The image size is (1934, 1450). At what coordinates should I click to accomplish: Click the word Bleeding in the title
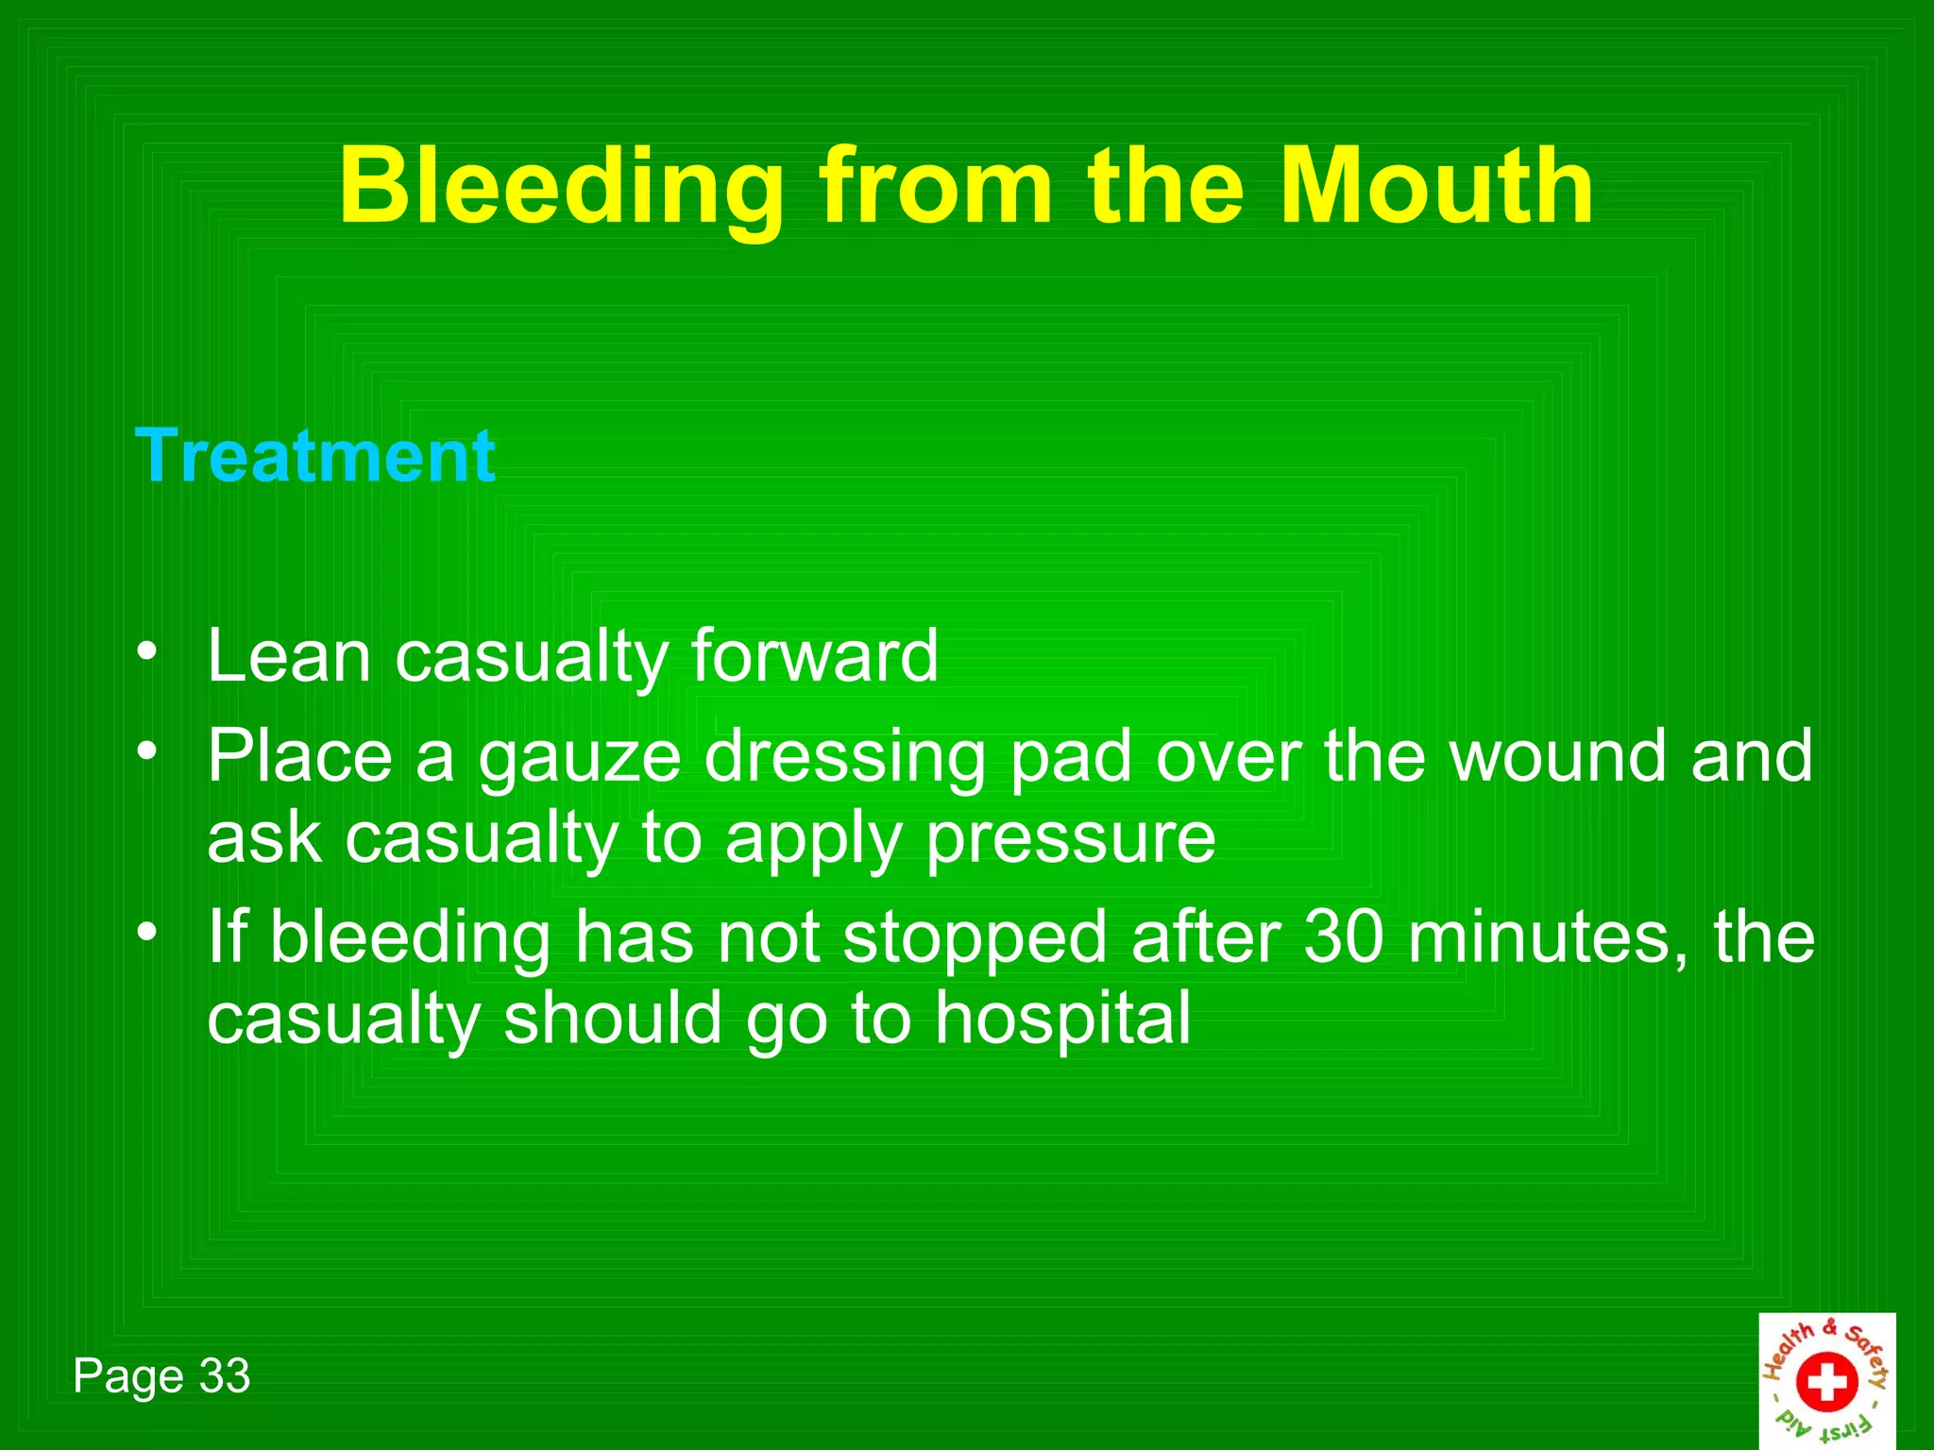click(x=561, y=187)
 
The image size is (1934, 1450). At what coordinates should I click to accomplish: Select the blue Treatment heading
click(x=315, y=456)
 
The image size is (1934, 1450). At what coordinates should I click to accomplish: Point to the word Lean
click(x=289, y=656)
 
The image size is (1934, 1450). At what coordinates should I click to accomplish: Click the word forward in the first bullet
click(x=815, y=656)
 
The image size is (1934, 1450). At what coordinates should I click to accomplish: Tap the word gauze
click(x=579, y=758)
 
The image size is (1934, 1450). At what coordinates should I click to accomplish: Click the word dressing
click(x=845, y=758)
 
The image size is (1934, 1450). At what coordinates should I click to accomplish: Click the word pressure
click(x=1071, y=839)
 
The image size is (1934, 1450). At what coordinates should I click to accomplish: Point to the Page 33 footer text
click(x=161, y=1375)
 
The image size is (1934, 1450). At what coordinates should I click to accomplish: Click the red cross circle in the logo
click(x=1826, y=1382)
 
